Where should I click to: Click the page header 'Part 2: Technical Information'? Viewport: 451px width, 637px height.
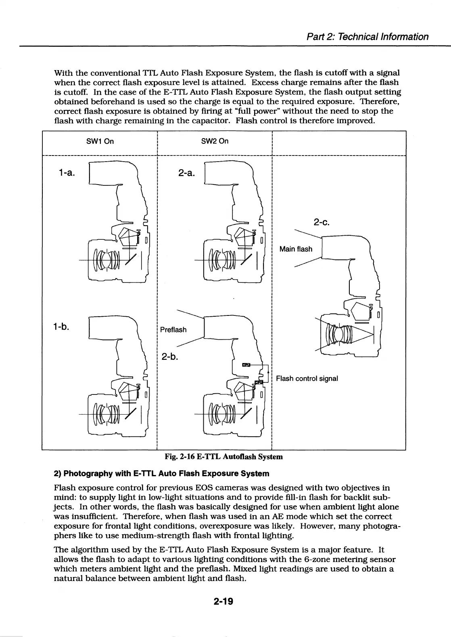pyautogui.click(x=367, y=37)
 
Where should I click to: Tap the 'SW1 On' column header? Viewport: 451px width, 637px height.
pyautogui.click(x=100, y=141)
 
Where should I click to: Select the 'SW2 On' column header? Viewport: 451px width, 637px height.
pyautogui.click(x=215, y=141)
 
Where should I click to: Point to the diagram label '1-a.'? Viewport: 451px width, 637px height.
pyautogui.click(x=66, y=173)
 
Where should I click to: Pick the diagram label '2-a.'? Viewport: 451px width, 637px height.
pyautogui.click(x=186, y=173)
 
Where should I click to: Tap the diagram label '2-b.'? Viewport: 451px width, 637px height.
pyautogui.click(x=170, y=357)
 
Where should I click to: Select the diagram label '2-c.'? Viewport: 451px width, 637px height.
pyautogui.click(x=322, y=222)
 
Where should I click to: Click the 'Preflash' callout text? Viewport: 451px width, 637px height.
pyautogui.click(x=173, y=330)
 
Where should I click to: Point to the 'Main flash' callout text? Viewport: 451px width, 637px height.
pyautogui.click(x=296, y=249)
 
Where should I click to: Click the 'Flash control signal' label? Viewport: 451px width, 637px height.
pyautogui.click(x=307, y=378)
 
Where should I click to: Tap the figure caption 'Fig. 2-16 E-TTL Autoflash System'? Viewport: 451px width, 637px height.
pyautogui.click(x=224, y=456)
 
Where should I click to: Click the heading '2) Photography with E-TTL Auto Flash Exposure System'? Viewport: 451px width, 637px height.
pyautogui.click(x=161, y=473)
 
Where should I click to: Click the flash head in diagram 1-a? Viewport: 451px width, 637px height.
pyautogui.click(x=109, y=173)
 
